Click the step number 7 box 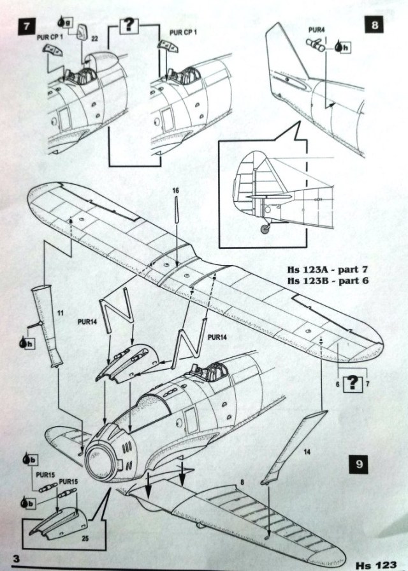(25, 29)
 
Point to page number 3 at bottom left (24, 559)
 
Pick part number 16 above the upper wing (176, 190)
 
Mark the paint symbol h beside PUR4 (342, 47)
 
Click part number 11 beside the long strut (59, 314)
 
